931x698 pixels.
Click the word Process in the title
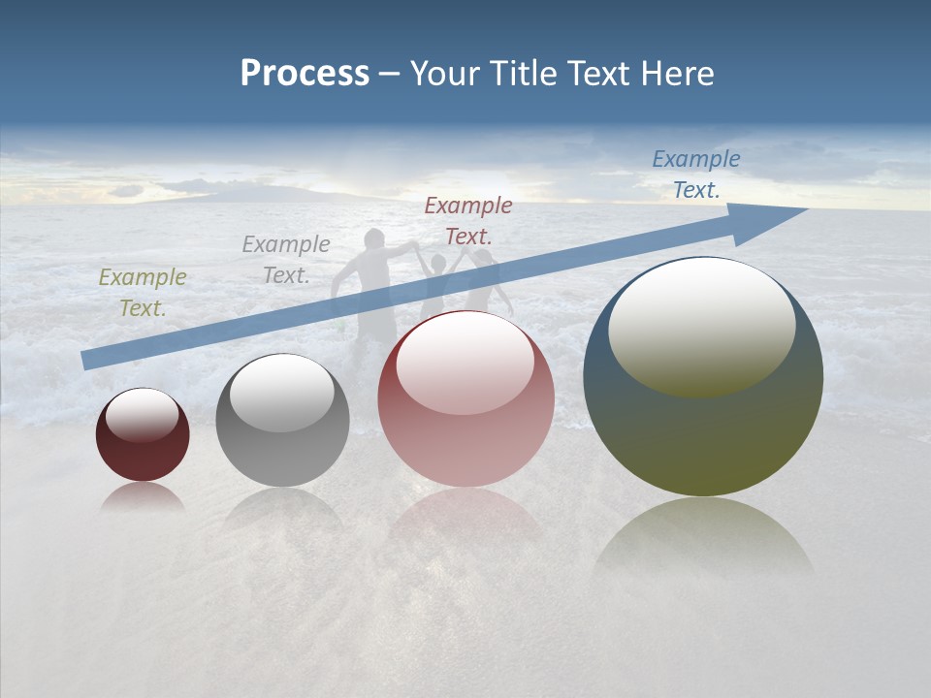305,74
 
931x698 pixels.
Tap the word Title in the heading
523,74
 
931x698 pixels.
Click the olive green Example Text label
143,292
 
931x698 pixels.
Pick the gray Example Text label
286,260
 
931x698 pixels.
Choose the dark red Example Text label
468,220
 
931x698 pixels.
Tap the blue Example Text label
695,174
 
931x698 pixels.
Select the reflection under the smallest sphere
143,497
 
